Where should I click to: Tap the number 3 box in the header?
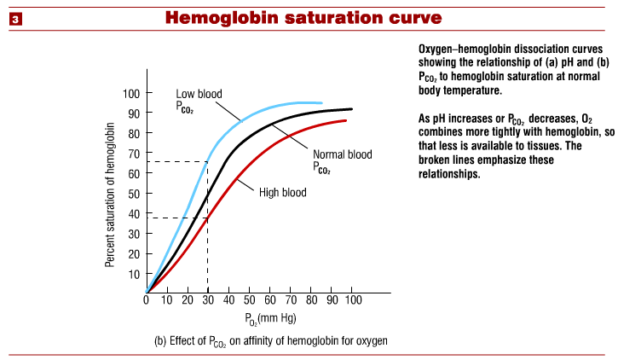(x=15, y=18)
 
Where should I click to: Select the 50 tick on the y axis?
(x=133, y=194)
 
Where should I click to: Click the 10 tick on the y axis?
(x=133, y=274)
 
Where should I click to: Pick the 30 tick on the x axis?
(x=208, y=301)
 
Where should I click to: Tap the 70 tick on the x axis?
(x=290, y=301)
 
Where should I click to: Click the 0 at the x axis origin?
(x=147, y=301)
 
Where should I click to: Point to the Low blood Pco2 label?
(x=197, y=101)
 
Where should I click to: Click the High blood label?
(x=282, y=192)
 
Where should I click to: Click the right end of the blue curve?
(x=321, y=103)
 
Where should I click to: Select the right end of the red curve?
(x=345, y=120)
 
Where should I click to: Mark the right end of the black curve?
(x=351, y=109)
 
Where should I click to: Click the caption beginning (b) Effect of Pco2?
(x=270, y=340)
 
